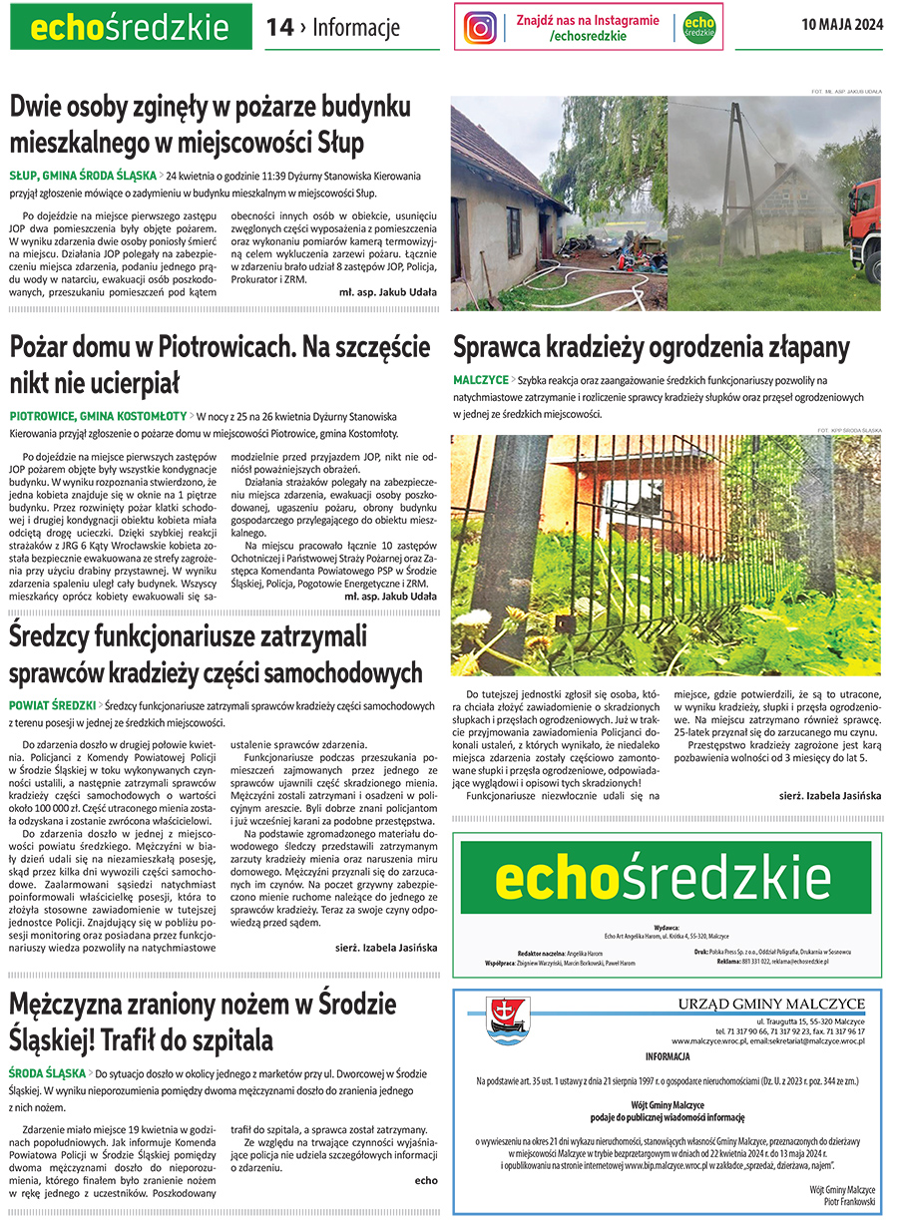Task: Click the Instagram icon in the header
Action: coord(480,27)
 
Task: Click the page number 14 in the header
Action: coord(279,28)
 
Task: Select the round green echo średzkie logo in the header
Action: coord(699,27)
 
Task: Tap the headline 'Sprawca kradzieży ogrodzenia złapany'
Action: coord(651,348)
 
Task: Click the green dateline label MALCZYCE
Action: coord(480,381)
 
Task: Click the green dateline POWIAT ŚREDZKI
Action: coord(52,704)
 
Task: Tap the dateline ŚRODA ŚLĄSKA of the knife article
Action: coord(47,1073)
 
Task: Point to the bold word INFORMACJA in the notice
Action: coord(667,1056)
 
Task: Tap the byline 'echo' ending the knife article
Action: coord(426,1180)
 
